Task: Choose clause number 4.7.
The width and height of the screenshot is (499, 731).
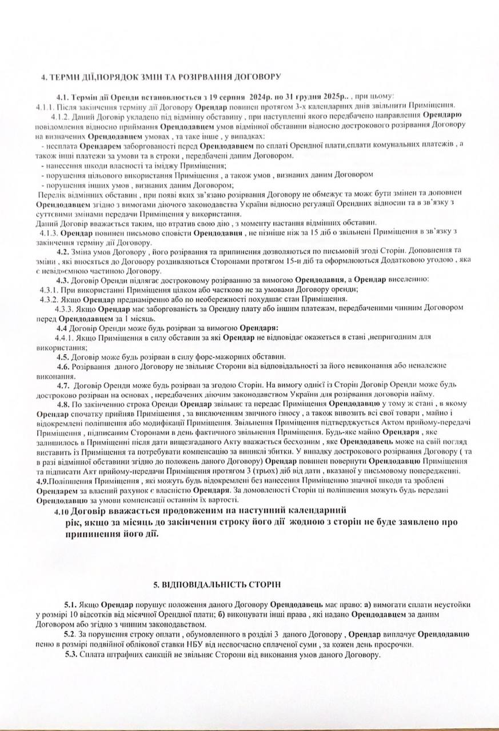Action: pos(63,385)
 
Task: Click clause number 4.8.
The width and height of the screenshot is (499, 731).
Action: pos(62,404)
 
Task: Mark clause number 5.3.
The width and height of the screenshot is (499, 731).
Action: pos(70,654)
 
